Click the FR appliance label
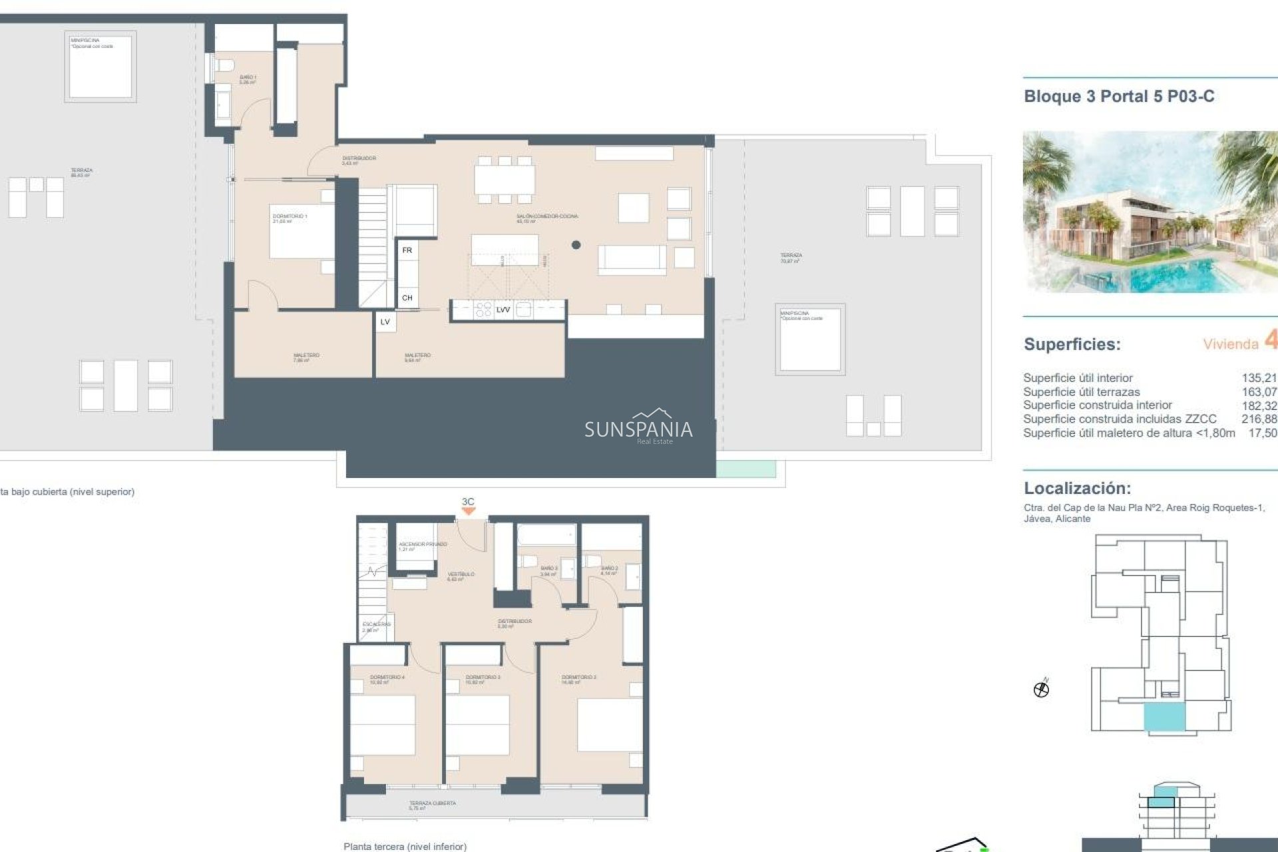(x=407, y=250)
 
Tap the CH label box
(x=407, y=298)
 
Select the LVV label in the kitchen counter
(x=503, y=310)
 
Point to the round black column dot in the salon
(x=576, y=245)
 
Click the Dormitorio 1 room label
(x=290, y=218)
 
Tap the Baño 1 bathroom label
(x=248, y=79)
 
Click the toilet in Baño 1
(x=224, y=66)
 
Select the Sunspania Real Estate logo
(x=638, y=427)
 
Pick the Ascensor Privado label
(x=423, y=546)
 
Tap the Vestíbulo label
(x=461, y=576)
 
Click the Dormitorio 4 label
(x=387, y=679)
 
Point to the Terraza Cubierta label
(x=432, y=805)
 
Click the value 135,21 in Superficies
(x=1259, y=378)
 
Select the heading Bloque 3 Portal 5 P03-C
(x=1119, y=97)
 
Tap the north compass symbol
(x=1041, y=689)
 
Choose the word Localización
(x=1077, y=488)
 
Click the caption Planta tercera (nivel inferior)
(x=405, y=846)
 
